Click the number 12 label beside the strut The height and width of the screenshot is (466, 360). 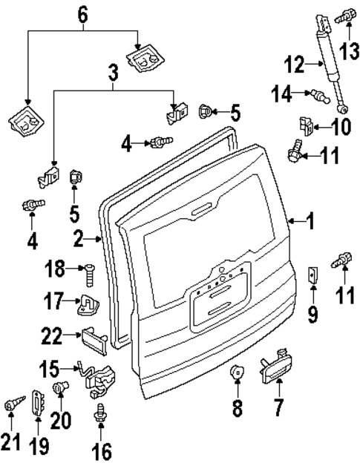[294, 65]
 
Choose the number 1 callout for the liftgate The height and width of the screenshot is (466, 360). [312, 220]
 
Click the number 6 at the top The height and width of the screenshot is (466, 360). [82, 13]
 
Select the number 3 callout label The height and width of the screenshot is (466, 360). [113, 73]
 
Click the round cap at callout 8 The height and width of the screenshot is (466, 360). [237, 373]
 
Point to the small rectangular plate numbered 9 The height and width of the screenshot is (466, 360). [312, 276]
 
